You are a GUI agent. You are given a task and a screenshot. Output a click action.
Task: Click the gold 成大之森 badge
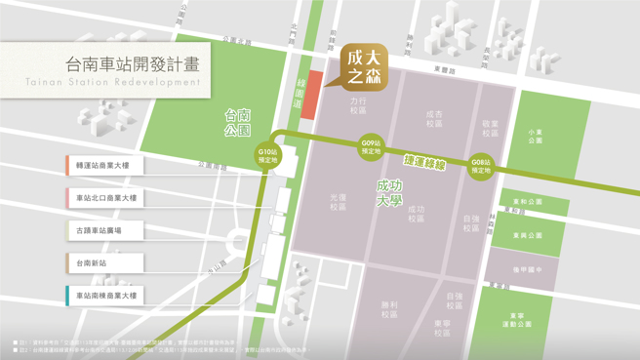(x=363, y=65)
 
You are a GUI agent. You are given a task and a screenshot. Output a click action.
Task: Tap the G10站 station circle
(x=268, y=155)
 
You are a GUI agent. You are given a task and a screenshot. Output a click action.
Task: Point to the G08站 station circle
(x=480, y=166)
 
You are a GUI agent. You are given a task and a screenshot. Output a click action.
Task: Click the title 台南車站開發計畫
(x=133, y=64)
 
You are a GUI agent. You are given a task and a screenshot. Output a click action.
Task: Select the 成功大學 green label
(x=389, y=192)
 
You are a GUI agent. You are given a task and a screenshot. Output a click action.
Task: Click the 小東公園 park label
(x=535, y=136)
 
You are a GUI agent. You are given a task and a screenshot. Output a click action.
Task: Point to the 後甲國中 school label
(x=526, y=269)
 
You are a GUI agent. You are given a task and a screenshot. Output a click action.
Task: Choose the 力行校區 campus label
(x=358, y=104)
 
